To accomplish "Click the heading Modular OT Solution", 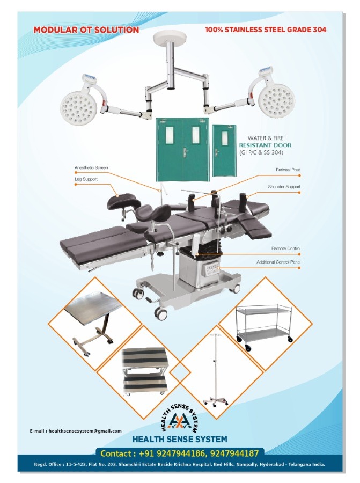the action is [86, 30].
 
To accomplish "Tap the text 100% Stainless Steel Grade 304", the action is [266, 30].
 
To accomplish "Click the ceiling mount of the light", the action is [169, 39].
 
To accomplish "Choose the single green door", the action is [224, 150].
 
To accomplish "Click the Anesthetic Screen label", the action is [91, 167].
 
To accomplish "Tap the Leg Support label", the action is [86, 179].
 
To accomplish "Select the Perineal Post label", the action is [288, 170].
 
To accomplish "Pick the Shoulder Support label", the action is [284, 187].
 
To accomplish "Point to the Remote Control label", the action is [286, 248].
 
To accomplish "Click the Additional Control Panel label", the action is [278, 262].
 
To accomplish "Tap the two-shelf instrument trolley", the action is [264, 327].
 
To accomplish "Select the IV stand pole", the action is [215, 370].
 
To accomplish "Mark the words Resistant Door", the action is [265, 145].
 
